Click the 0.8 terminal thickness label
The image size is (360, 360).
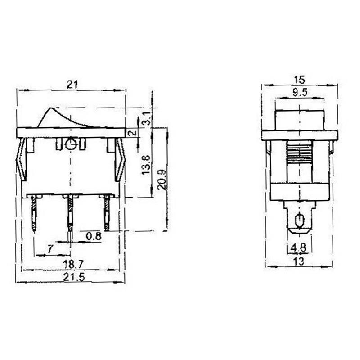point(94,235)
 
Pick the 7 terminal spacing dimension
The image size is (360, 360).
point(50,248)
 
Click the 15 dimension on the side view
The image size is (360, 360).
point(299,80)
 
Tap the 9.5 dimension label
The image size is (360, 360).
point(299,93)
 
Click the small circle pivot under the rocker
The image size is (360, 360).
point(70,144)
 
